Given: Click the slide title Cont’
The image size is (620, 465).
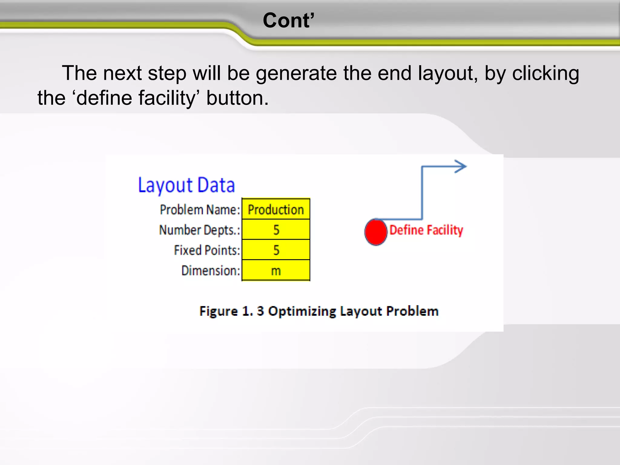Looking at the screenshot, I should [289, 21].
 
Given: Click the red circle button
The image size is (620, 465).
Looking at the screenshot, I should [376, 232].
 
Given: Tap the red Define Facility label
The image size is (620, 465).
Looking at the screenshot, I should [426, 230].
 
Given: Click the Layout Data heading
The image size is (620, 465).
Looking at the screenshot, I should [186, 185].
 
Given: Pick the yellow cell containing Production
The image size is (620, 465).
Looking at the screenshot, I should [276, 209].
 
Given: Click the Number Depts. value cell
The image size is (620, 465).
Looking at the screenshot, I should [276, 230].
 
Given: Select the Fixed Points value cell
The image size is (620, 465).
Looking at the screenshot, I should [276, 250].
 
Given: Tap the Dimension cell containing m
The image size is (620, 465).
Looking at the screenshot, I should [276, 270].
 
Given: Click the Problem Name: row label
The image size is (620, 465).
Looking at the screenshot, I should [200, 209].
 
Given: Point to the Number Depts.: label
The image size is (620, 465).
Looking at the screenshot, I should [200, 230].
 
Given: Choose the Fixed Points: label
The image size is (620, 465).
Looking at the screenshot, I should [207, 250].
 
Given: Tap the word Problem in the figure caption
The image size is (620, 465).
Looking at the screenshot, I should [412, 311].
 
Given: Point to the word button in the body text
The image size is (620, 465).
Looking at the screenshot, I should [237, 98].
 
